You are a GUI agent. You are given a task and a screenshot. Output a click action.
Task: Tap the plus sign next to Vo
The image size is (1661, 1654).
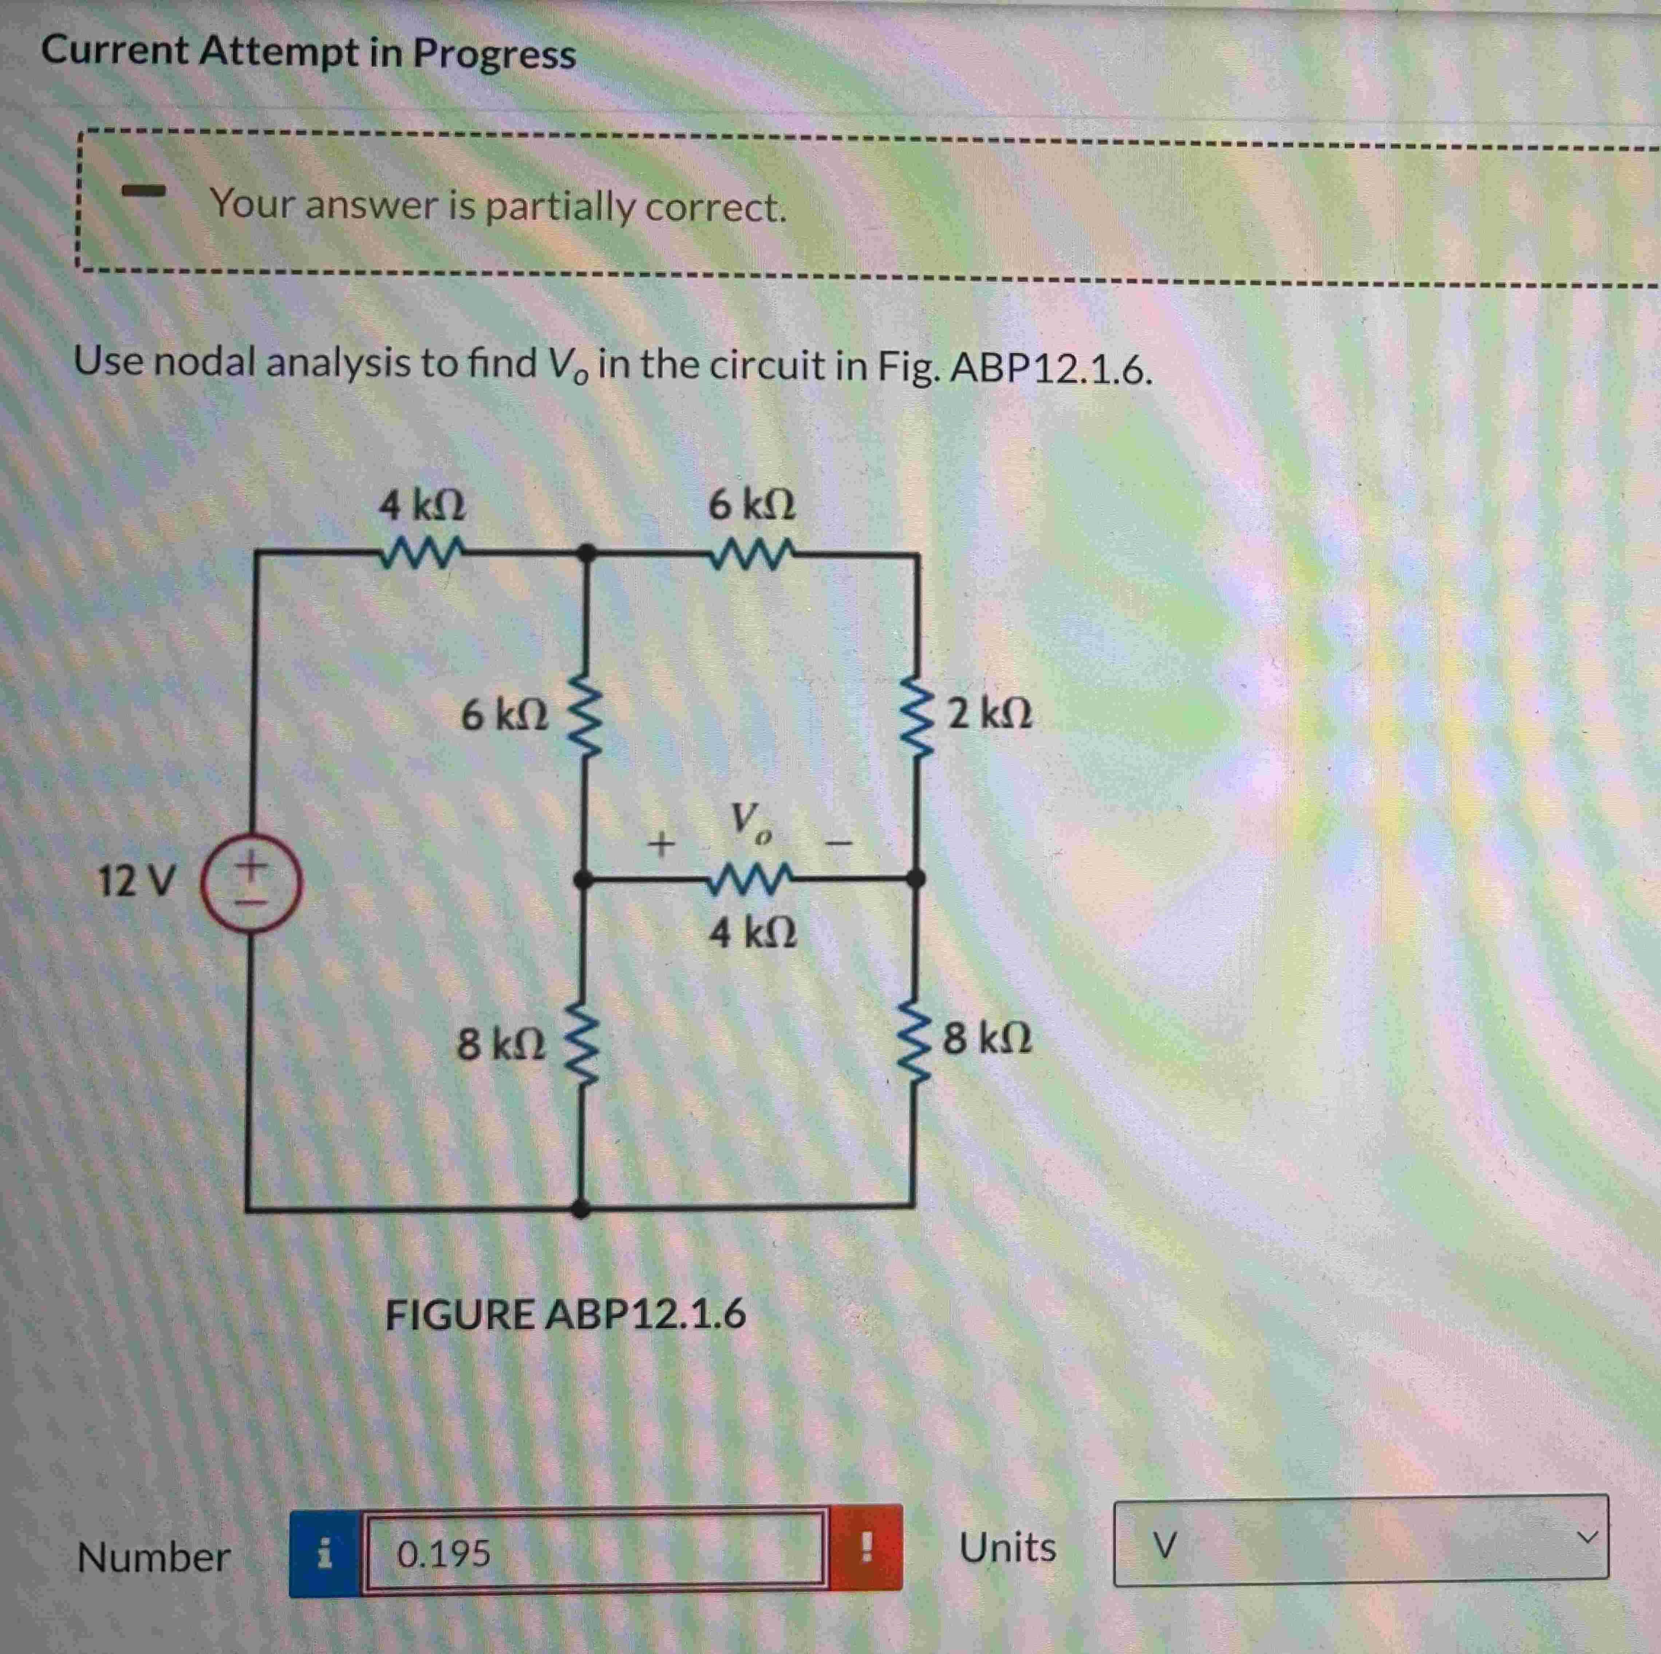(x=660, y=844)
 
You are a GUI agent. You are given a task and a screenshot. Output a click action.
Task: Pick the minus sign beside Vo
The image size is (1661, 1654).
(x=838, y=844)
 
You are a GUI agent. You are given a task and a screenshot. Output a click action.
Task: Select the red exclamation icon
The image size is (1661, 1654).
(x=866, y=1548)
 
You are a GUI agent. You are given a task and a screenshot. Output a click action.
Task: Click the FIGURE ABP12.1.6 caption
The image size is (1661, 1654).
(x=565, y=1314)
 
